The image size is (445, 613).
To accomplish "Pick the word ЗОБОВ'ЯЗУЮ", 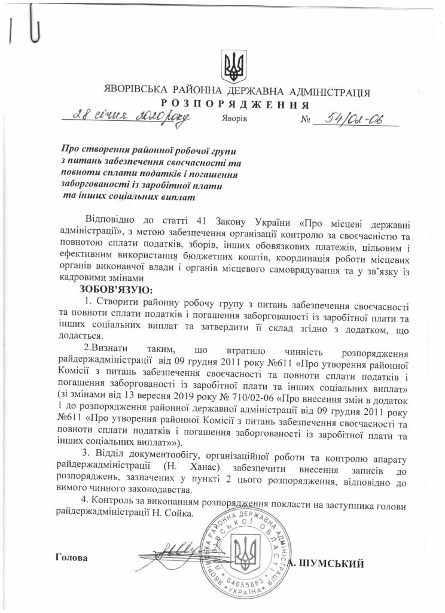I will (109, 290).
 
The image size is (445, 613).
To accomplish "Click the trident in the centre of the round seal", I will (245, 551).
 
